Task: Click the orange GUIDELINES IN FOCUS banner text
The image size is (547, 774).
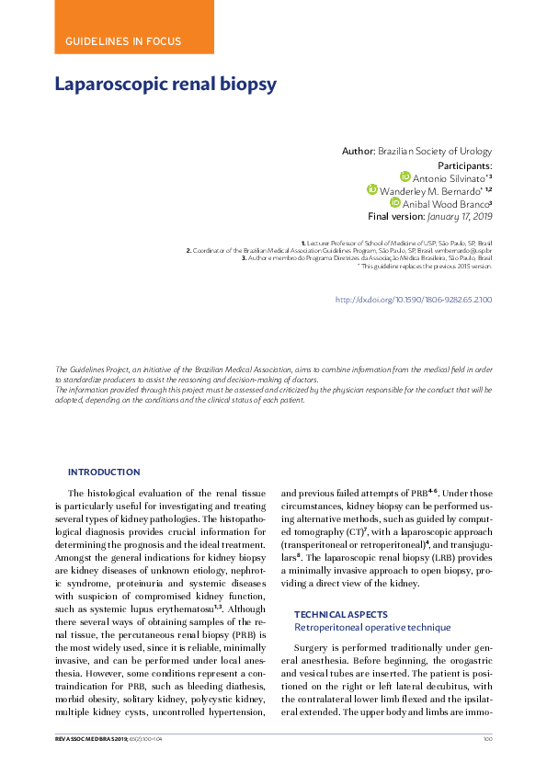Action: click(x=123, y=41)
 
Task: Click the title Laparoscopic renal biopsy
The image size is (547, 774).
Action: click(x=165, y=85)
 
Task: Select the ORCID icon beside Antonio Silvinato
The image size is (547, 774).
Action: click(x=405, y=176)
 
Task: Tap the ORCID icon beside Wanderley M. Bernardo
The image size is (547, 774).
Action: click(x=372, y=189)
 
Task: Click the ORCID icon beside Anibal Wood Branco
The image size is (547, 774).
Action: click(x=395, y=202)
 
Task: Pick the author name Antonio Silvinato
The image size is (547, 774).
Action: click(x=448, y=177)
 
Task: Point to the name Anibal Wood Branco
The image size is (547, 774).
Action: click(x=445, y=203)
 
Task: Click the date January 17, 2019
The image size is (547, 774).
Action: click(x=459, y=216)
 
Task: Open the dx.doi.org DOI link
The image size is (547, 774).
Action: click(x=413, y=300)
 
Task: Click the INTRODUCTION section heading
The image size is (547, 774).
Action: click(x=104, y=472)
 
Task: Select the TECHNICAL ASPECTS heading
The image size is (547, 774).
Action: click(x=342, y=613)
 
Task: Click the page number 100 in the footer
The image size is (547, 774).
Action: click(x=487, y=738)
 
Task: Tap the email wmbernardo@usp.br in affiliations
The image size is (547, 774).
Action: click(x=461, y=250)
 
